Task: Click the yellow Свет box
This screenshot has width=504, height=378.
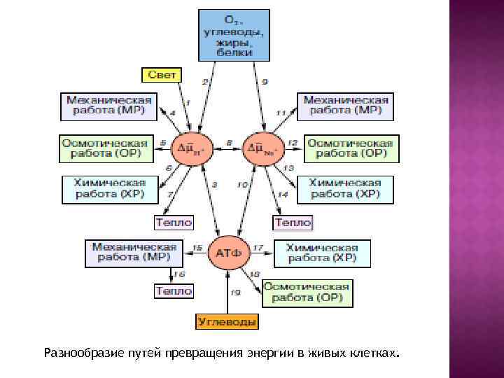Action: pyautogui.click(x=162, y=73)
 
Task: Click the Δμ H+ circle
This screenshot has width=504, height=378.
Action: pyautogui.click(x=189, y=148)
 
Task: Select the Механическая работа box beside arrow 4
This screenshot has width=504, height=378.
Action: pyautogui.click(x=108, y=105)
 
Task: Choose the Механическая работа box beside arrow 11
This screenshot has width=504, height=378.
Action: pyautogui.click(x=346, y=105)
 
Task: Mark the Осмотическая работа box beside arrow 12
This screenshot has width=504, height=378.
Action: pyautogui.click(x=350, y=148)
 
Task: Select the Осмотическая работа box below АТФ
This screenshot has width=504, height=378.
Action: pyautogui.click(x=306, y=293)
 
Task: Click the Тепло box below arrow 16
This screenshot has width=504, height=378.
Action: pyautogui.click(x=173, y=290)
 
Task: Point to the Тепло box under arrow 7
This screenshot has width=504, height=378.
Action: pyautogui.click(x=173, y=223)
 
